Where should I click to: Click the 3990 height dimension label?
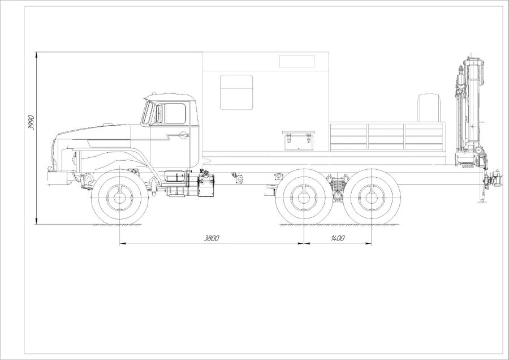31,122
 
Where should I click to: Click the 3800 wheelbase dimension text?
212,238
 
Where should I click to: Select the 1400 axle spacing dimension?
338,238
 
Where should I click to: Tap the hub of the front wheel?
120,198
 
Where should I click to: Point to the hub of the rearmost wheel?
372,198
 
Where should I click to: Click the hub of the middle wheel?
304,198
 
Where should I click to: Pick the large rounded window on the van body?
236,92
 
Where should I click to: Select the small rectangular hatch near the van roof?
297,61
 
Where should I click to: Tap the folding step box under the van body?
299,141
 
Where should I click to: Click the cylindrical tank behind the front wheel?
175,178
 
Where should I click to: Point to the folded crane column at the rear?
471,110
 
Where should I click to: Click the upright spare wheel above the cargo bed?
429,108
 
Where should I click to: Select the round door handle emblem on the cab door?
184,135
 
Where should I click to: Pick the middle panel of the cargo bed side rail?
386,136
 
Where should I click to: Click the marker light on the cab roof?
154,93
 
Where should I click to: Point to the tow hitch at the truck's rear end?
493,178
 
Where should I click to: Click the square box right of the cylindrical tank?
206,185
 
